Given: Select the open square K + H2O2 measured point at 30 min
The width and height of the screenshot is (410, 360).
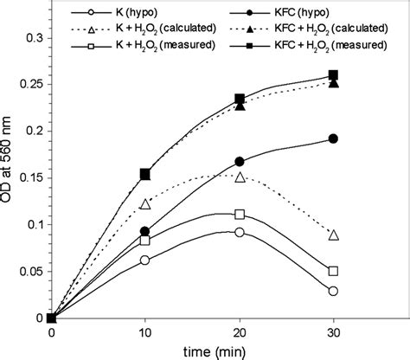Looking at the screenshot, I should click(334, 271).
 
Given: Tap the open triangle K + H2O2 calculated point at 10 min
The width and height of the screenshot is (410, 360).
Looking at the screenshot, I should click(145, 204).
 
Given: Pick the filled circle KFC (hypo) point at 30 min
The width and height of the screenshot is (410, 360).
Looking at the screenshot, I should click(334, 138).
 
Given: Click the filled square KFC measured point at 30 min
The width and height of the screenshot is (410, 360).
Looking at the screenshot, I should click(334, 75).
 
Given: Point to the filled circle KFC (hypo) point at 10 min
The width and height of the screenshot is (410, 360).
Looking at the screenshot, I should click(145, 231).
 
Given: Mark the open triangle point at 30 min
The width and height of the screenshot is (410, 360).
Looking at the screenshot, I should click(334, 235).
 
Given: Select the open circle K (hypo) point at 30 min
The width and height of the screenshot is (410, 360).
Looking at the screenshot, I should click(334, 291).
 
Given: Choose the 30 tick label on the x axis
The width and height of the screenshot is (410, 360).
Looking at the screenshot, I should click(334, 331).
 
